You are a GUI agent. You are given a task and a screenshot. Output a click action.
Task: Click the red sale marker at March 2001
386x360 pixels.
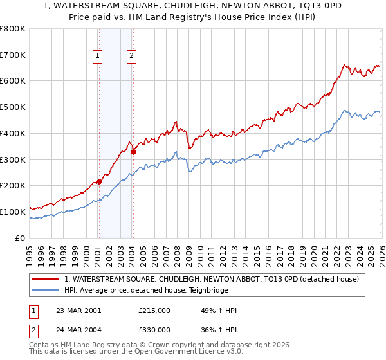pos(99,181)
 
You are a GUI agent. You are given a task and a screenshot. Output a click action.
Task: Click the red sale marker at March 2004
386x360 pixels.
pos(133,152)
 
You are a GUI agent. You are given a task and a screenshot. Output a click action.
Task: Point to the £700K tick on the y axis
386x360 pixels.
pos(14,55)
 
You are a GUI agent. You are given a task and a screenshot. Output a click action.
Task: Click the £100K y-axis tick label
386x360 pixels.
pos(14,212)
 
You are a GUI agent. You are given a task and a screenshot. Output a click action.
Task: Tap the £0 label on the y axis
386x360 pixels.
pos(21,238)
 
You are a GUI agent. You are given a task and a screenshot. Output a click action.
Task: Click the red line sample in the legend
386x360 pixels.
pos(46,279)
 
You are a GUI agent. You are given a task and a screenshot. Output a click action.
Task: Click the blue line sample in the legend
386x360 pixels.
pos(46,290)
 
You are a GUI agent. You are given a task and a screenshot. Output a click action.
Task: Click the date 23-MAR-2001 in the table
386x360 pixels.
pos(78,310)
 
